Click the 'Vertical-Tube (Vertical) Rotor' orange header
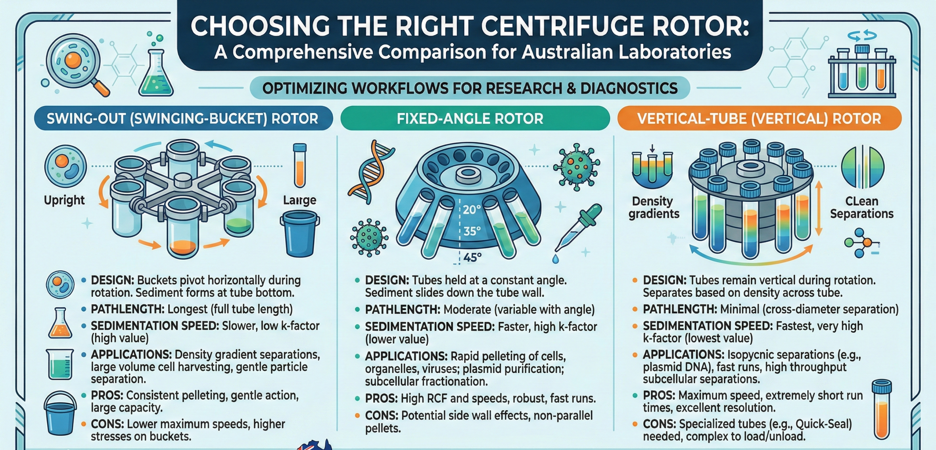click(759, 118)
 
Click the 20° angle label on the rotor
click(472, 210)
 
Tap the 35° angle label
click(472, 231)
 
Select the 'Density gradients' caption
click(654, 207)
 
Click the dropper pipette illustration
click(577, 232)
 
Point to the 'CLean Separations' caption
click(862, 207)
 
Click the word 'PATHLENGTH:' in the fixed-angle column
click(403, 310)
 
